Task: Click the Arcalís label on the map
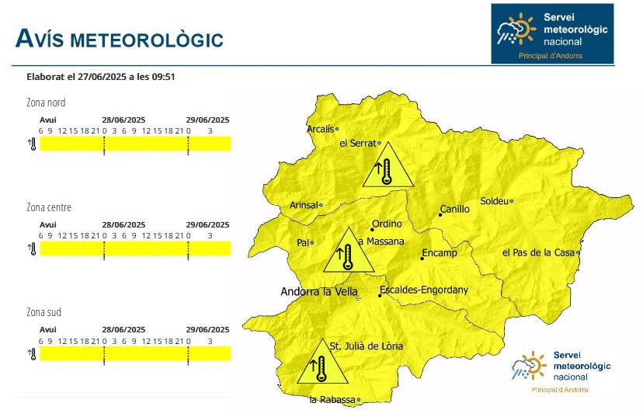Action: click(321, 129)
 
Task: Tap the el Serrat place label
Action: click(357, 144)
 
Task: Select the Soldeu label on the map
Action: click(494, 201)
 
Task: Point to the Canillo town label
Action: click(454, 209)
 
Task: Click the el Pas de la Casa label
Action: click(537, 252)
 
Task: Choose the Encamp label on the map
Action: click(440, 253)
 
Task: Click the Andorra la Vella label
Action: click(318, 292)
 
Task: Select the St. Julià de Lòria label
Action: click(367, 346)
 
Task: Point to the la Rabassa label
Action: click(332, 400)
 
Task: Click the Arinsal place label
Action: click(304, 205)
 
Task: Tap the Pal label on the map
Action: click(303, 243)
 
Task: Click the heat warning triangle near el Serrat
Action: click(387, 166)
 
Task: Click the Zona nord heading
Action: click(46, 103)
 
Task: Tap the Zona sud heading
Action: click(43, 312)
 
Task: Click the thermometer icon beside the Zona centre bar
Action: click(33, 248)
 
